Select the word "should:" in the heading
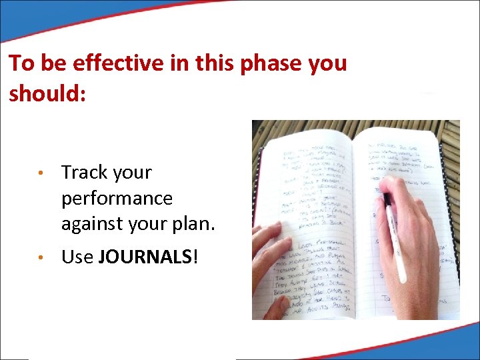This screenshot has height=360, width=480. [x=47, y=93]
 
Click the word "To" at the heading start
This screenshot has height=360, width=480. [x=21, y=63]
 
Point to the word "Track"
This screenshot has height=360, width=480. [x=85, y=173]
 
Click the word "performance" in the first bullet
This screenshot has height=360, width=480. [x=117, y=199]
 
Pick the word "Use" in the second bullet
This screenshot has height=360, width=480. [x=77, y=257]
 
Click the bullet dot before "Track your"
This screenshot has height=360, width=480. [x=41, y=174]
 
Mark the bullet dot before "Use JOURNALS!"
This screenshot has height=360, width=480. [x=41, y=258]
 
